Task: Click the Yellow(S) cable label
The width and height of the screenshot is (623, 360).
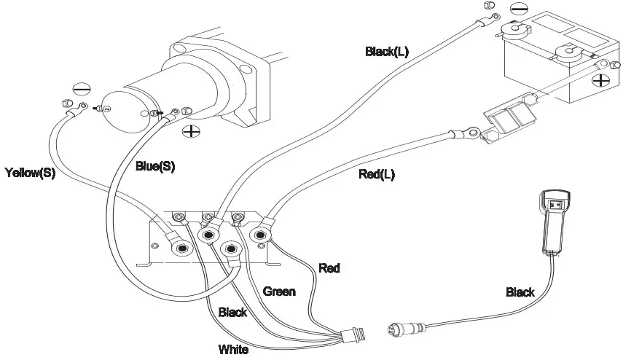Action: pyautogui.click(x=30, y=173)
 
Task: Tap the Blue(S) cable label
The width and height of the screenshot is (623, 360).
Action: pyautogui.click(x=155, y=166)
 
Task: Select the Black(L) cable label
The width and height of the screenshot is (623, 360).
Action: pyautogui.click(x=388, y=52)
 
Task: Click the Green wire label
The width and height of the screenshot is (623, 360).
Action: pyautogui.click(x=279, y=291)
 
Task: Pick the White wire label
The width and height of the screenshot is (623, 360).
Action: pyautogui.click(x=233, y=350)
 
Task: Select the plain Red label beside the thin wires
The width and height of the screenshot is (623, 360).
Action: pyautogui.click(x=329, y=268)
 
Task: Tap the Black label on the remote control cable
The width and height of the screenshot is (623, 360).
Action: pyautogui.click(x=520, y=292)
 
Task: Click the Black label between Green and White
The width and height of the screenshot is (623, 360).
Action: pyautogui.click(x=232, y=313)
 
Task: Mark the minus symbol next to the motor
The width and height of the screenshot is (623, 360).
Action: pyautogui.click(x=84, y=90)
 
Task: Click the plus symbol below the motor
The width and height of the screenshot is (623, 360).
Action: pyautogui.click(x=192, y=132)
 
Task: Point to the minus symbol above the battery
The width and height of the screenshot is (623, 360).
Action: pyautogui.click(x=518, y=11)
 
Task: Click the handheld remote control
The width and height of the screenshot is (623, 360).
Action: pyautogui.click(x=554, y=219)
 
